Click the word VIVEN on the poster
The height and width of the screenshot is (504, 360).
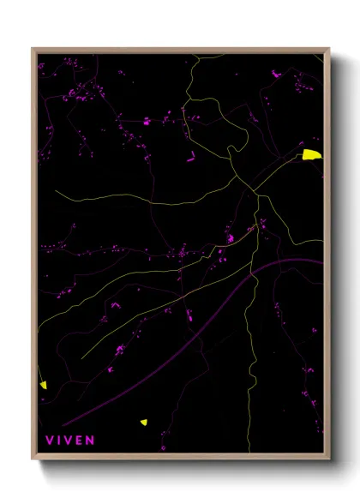pos(69,441)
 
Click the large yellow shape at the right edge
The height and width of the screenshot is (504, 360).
pos(312,154)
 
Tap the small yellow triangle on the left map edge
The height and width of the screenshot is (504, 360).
pos(43,385)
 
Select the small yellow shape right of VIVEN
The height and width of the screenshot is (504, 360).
pos(144,422)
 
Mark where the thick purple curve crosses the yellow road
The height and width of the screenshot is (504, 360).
pos(255,276)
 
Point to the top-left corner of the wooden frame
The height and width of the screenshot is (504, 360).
pos(33,48)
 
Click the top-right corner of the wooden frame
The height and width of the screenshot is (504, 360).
pos(329,48)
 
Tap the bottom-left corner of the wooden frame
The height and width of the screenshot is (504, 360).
pos(33,459)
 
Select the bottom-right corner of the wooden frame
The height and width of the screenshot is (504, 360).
pos(329,459)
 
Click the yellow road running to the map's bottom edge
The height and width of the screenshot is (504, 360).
pos(252,411)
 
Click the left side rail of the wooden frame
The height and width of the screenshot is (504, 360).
pos(34,257)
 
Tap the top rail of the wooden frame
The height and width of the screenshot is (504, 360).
pos(180,50)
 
